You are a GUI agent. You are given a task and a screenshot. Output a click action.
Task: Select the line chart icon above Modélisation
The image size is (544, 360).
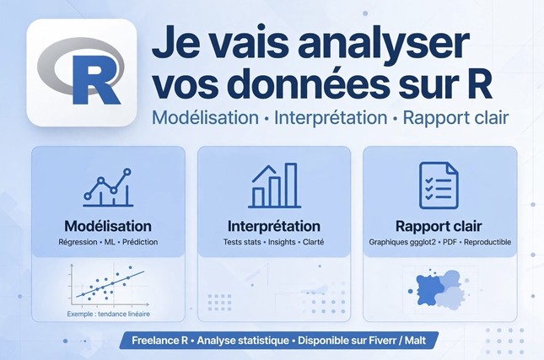pos(108,188)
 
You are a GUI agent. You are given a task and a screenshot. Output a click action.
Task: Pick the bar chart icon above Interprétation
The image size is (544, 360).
pos(274,185)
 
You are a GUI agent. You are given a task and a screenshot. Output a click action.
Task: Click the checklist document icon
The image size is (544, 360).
pos(439,185)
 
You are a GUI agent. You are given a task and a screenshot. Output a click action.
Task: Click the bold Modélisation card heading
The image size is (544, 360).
pos(108,226)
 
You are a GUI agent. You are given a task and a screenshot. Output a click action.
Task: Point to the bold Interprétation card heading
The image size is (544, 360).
pos(274,226)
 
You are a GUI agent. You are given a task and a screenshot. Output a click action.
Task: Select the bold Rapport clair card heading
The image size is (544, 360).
pos(439,226)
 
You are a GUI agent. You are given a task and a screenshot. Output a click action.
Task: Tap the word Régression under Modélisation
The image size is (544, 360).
pos(78,242)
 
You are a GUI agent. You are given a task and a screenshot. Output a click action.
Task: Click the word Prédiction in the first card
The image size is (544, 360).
pos(140,242)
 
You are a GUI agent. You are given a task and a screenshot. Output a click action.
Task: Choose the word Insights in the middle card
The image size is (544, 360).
pos(282,242)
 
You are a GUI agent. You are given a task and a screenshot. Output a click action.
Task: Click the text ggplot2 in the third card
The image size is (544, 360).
pos(424,242)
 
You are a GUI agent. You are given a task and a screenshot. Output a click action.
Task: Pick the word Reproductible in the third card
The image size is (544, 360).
pos(487,242)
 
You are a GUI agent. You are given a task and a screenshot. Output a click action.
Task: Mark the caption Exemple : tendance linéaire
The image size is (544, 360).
pos(109,314)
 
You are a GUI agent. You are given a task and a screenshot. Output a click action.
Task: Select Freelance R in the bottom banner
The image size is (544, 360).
pos(160,341)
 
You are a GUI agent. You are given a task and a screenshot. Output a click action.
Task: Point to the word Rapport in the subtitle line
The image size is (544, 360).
pos(428,118)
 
